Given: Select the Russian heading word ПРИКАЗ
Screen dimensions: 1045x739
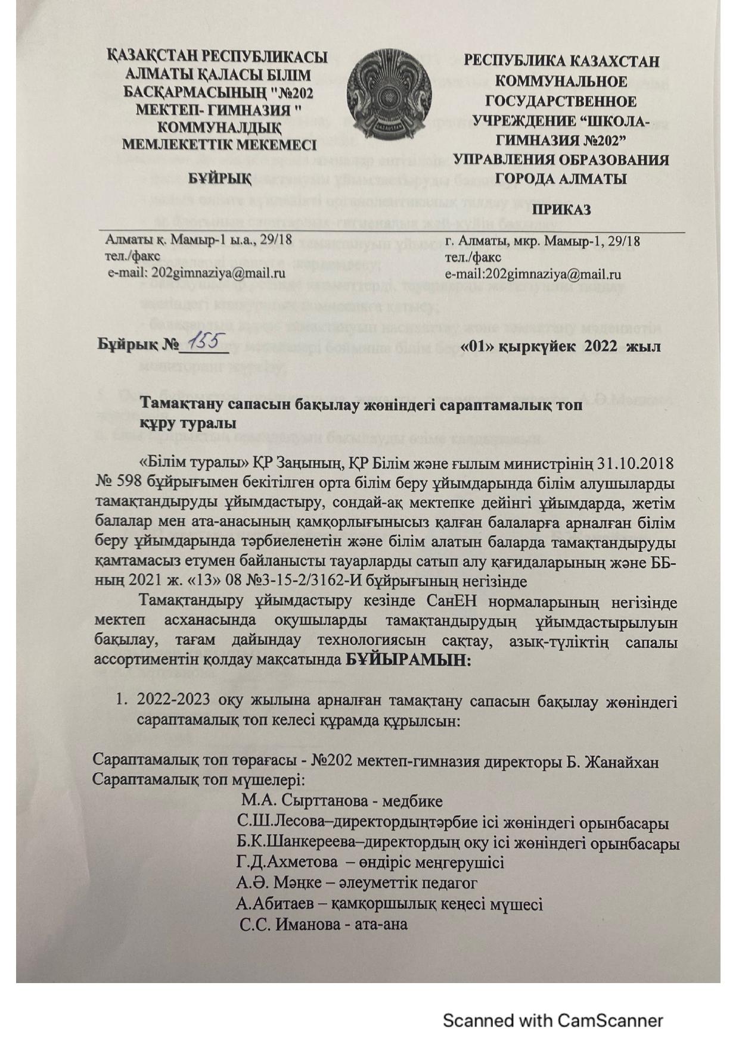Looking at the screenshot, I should (x=561, y=210).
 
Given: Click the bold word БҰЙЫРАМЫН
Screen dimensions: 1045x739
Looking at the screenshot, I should (x=408, y=660).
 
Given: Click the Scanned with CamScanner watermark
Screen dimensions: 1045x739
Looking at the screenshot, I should (x=552, y=1021).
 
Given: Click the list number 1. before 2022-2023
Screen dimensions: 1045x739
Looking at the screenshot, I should (x=122, y=701).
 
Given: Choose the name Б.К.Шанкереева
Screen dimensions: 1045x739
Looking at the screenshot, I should (x=297, y=843).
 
